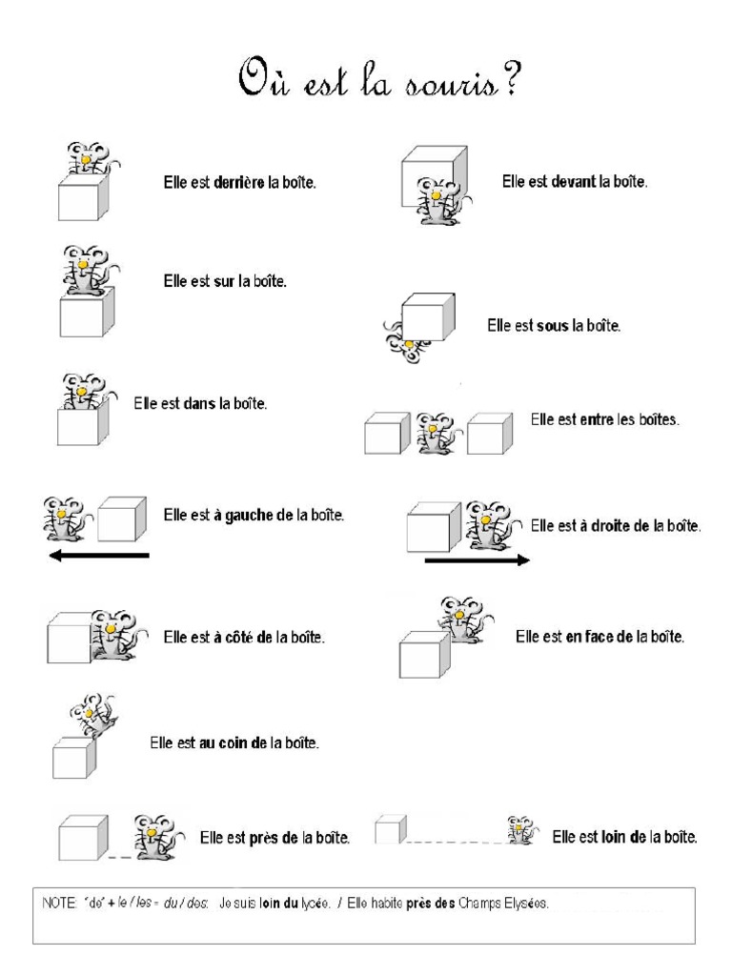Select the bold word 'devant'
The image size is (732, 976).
pos(574,181)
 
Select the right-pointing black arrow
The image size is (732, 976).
pos(477,560)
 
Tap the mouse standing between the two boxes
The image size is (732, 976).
pos(438,433)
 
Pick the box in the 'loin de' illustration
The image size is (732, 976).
pos(387,831)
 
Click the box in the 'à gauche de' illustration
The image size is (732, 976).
pos(122,519)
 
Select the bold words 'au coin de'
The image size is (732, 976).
pos(226,742)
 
